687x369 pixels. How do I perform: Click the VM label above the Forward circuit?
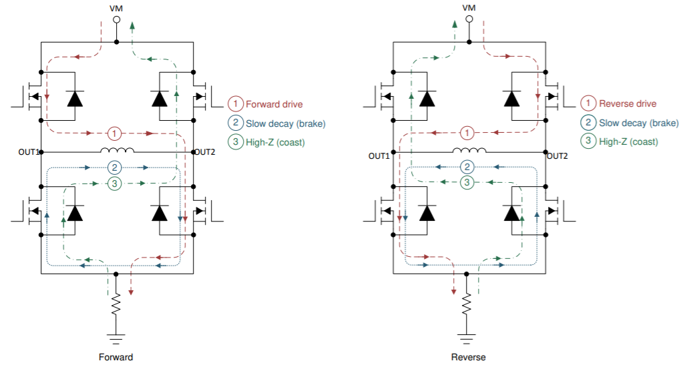pos(117,7)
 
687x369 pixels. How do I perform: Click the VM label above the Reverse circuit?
pos(469,7)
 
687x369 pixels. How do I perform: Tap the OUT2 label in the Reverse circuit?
pos(557,155)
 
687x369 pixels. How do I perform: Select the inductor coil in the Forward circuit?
pos(117,150)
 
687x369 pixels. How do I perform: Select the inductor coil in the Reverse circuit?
pos(469,150)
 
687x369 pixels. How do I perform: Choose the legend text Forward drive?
pos(274,104)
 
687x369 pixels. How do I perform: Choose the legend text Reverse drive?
pos(628,104)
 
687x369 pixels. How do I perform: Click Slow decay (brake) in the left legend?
pos(285,123)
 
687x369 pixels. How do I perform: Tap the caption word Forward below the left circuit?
pos(117,357)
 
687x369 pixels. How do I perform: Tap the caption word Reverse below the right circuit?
pos(469,357)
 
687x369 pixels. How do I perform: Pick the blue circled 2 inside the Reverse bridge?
pos(469,167)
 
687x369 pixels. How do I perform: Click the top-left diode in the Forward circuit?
pos(75,99)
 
